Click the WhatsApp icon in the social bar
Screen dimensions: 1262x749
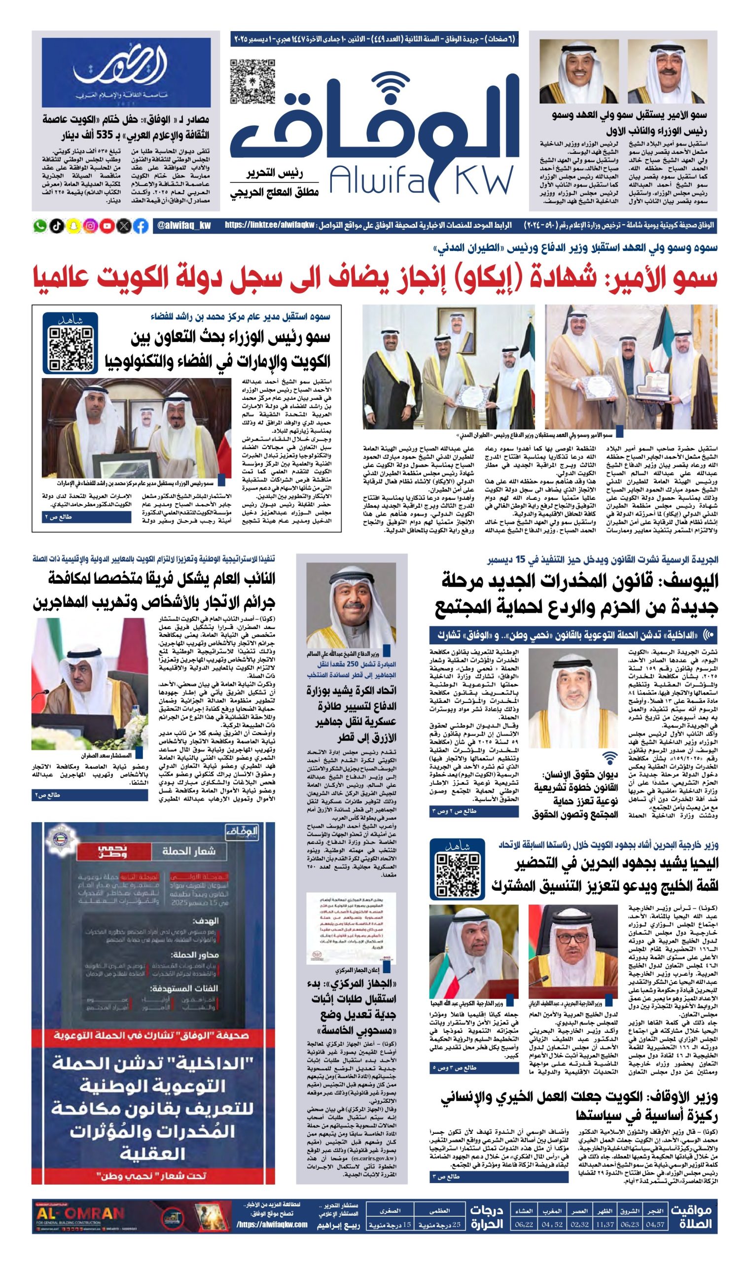(40, 226)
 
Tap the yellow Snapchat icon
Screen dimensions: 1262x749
(73, 226)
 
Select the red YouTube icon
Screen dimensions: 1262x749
(107, 226)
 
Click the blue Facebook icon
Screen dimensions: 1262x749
(141, 226)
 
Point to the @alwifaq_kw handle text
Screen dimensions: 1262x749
(184, 226)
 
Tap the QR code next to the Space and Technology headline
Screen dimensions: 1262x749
(70, 349)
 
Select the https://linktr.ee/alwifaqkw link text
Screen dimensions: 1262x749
(270, 226)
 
